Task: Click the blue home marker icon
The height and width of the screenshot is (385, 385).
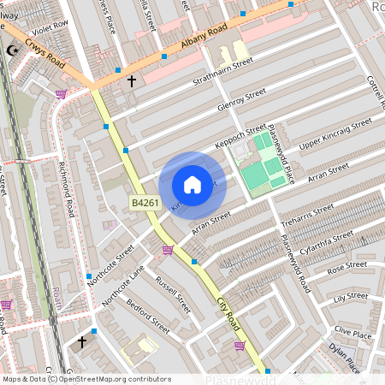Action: click(192, 185)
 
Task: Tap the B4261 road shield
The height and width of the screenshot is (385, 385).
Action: click(144, 203)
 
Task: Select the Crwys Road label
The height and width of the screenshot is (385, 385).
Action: click(44, 58)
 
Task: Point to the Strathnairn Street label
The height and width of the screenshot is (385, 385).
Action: click(223, 69)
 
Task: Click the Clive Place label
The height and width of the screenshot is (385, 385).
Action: click(353, 331)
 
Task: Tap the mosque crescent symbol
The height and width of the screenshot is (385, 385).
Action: click(11, 51)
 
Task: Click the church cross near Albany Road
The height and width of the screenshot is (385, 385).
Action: click(131, 81)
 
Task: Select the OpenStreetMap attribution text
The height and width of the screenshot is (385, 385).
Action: click(86, 379)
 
